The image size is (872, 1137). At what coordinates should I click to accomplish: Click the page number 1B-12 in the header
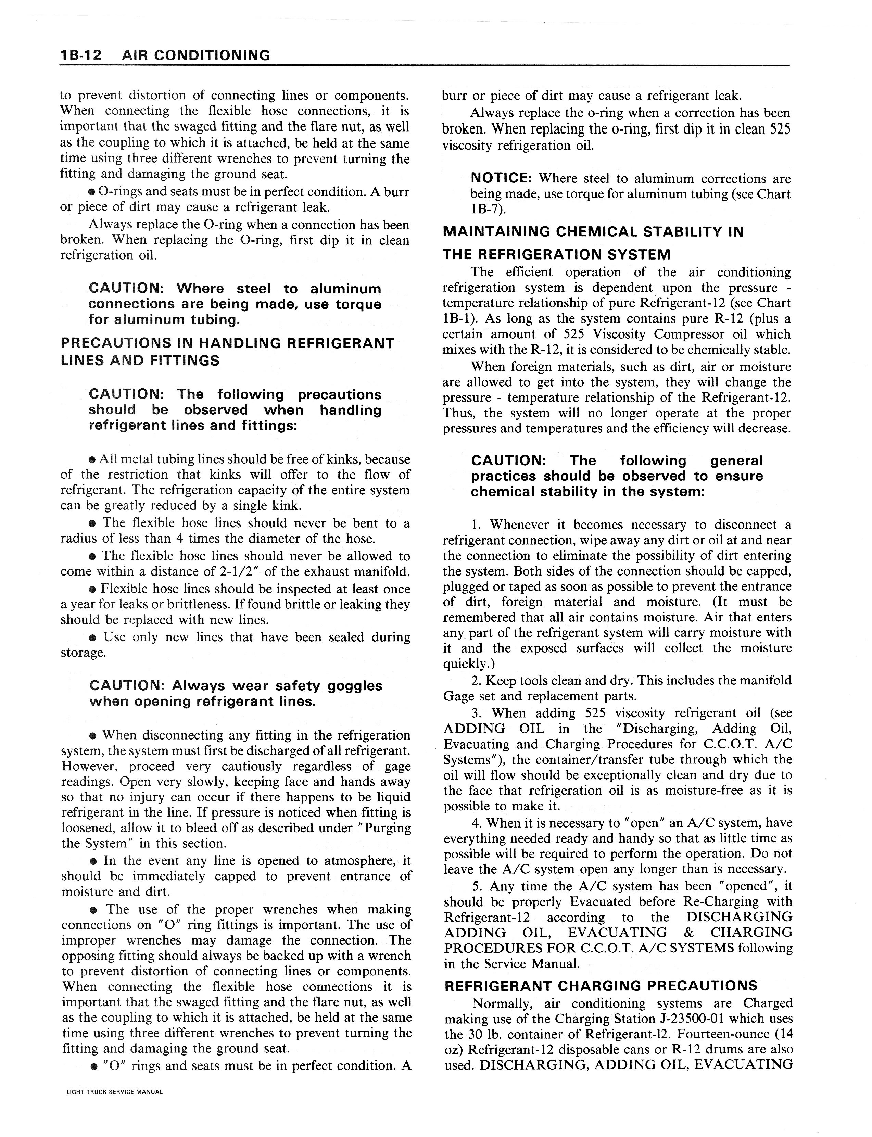(81, 55)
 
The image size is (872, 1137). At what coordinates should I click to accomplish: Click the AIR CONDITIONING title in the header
(196, 55)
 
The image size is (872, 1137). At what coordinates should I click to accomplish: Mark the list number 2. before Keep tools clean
(477, 680)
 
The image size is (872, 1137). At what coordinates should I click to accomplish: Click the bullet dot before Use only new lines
(92, 637)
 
